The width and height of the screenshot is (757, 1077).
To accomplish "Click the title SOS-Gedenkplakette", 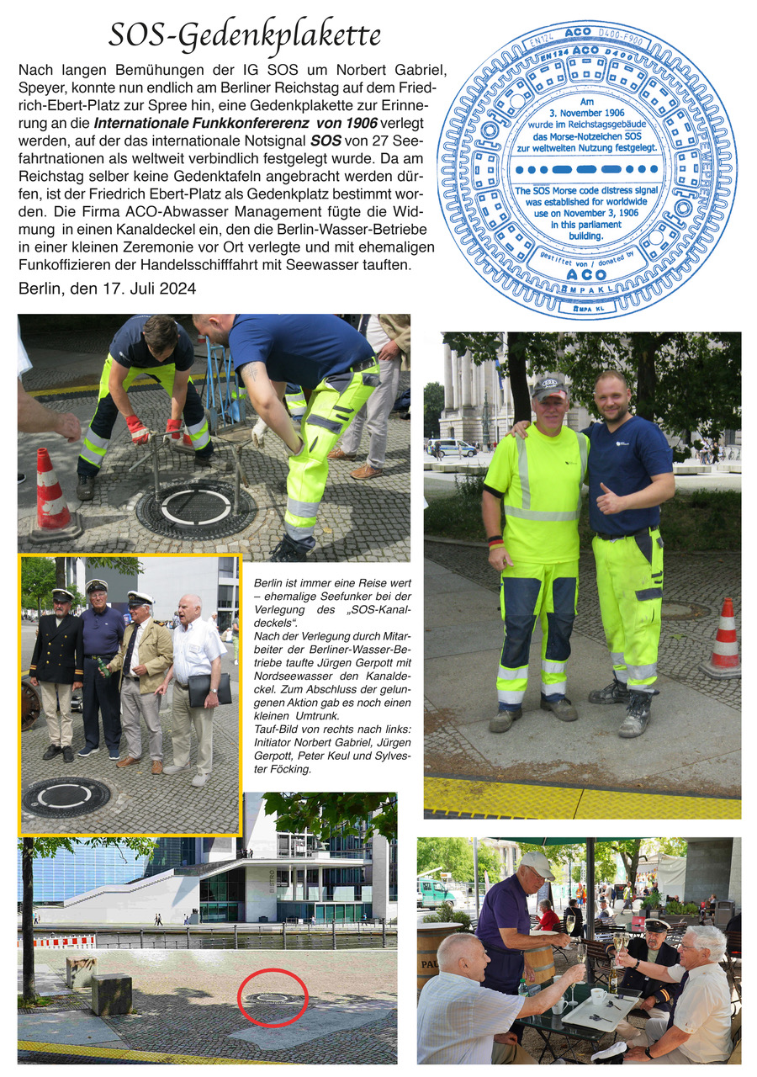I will pos(244,35).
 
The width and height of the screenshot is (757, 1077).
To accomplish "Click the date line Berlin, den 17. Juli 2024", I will pos(106,288).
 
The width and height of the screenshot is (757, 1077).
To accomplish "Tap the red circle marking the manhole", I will pos(273,998).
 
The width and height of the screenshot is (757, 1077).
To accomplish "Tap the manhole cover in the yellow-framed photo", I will pos(66,797).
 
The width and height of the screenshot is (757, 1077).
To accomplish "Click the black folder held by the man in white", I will pos(209,689).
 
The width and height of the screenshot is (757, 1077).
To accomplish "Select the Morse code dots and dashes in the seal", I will pos(586,168).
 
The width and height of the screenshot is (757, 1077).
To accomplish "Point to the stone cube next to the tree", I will pos(112,994).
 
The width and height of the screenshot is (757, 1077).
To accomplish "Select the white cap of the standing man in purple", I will pos(537,865).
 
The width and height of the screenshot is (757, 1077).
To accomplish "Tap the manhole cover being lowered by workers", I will pos(196,507).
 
